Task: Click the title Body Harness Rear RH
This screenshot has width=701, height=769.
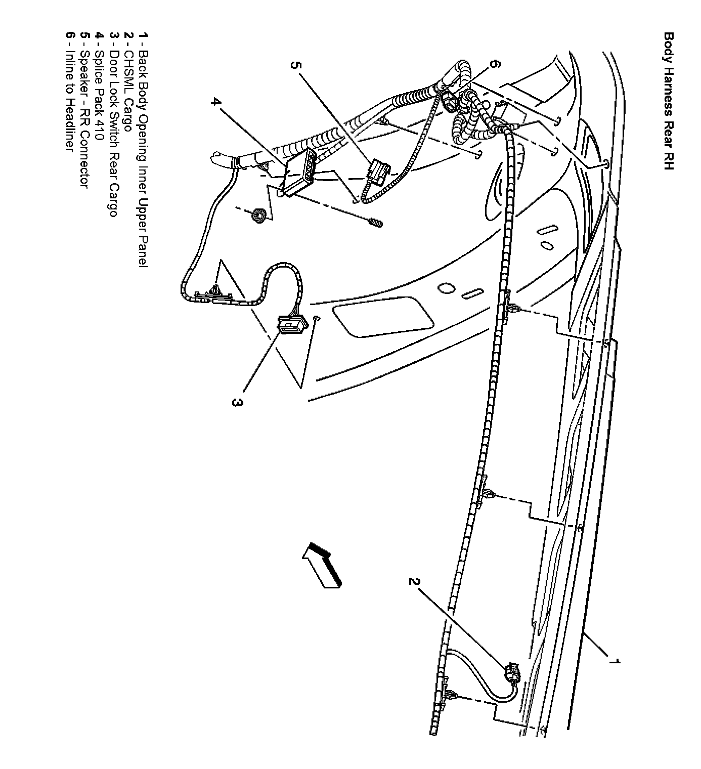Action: tap(669, 101)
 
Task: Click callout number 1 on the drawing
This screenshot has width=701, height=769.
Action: tap(614, 662)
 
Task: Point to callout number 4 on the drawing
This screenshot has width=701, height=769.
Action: tap(216, 102)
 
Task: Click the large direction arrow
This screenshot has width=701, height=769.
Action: tap(322, 565)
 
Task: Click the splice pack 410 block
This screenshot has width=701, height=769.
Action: tap(298, 172)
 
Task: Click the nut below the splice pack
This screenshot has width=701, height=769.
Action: tap(257, 216)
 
